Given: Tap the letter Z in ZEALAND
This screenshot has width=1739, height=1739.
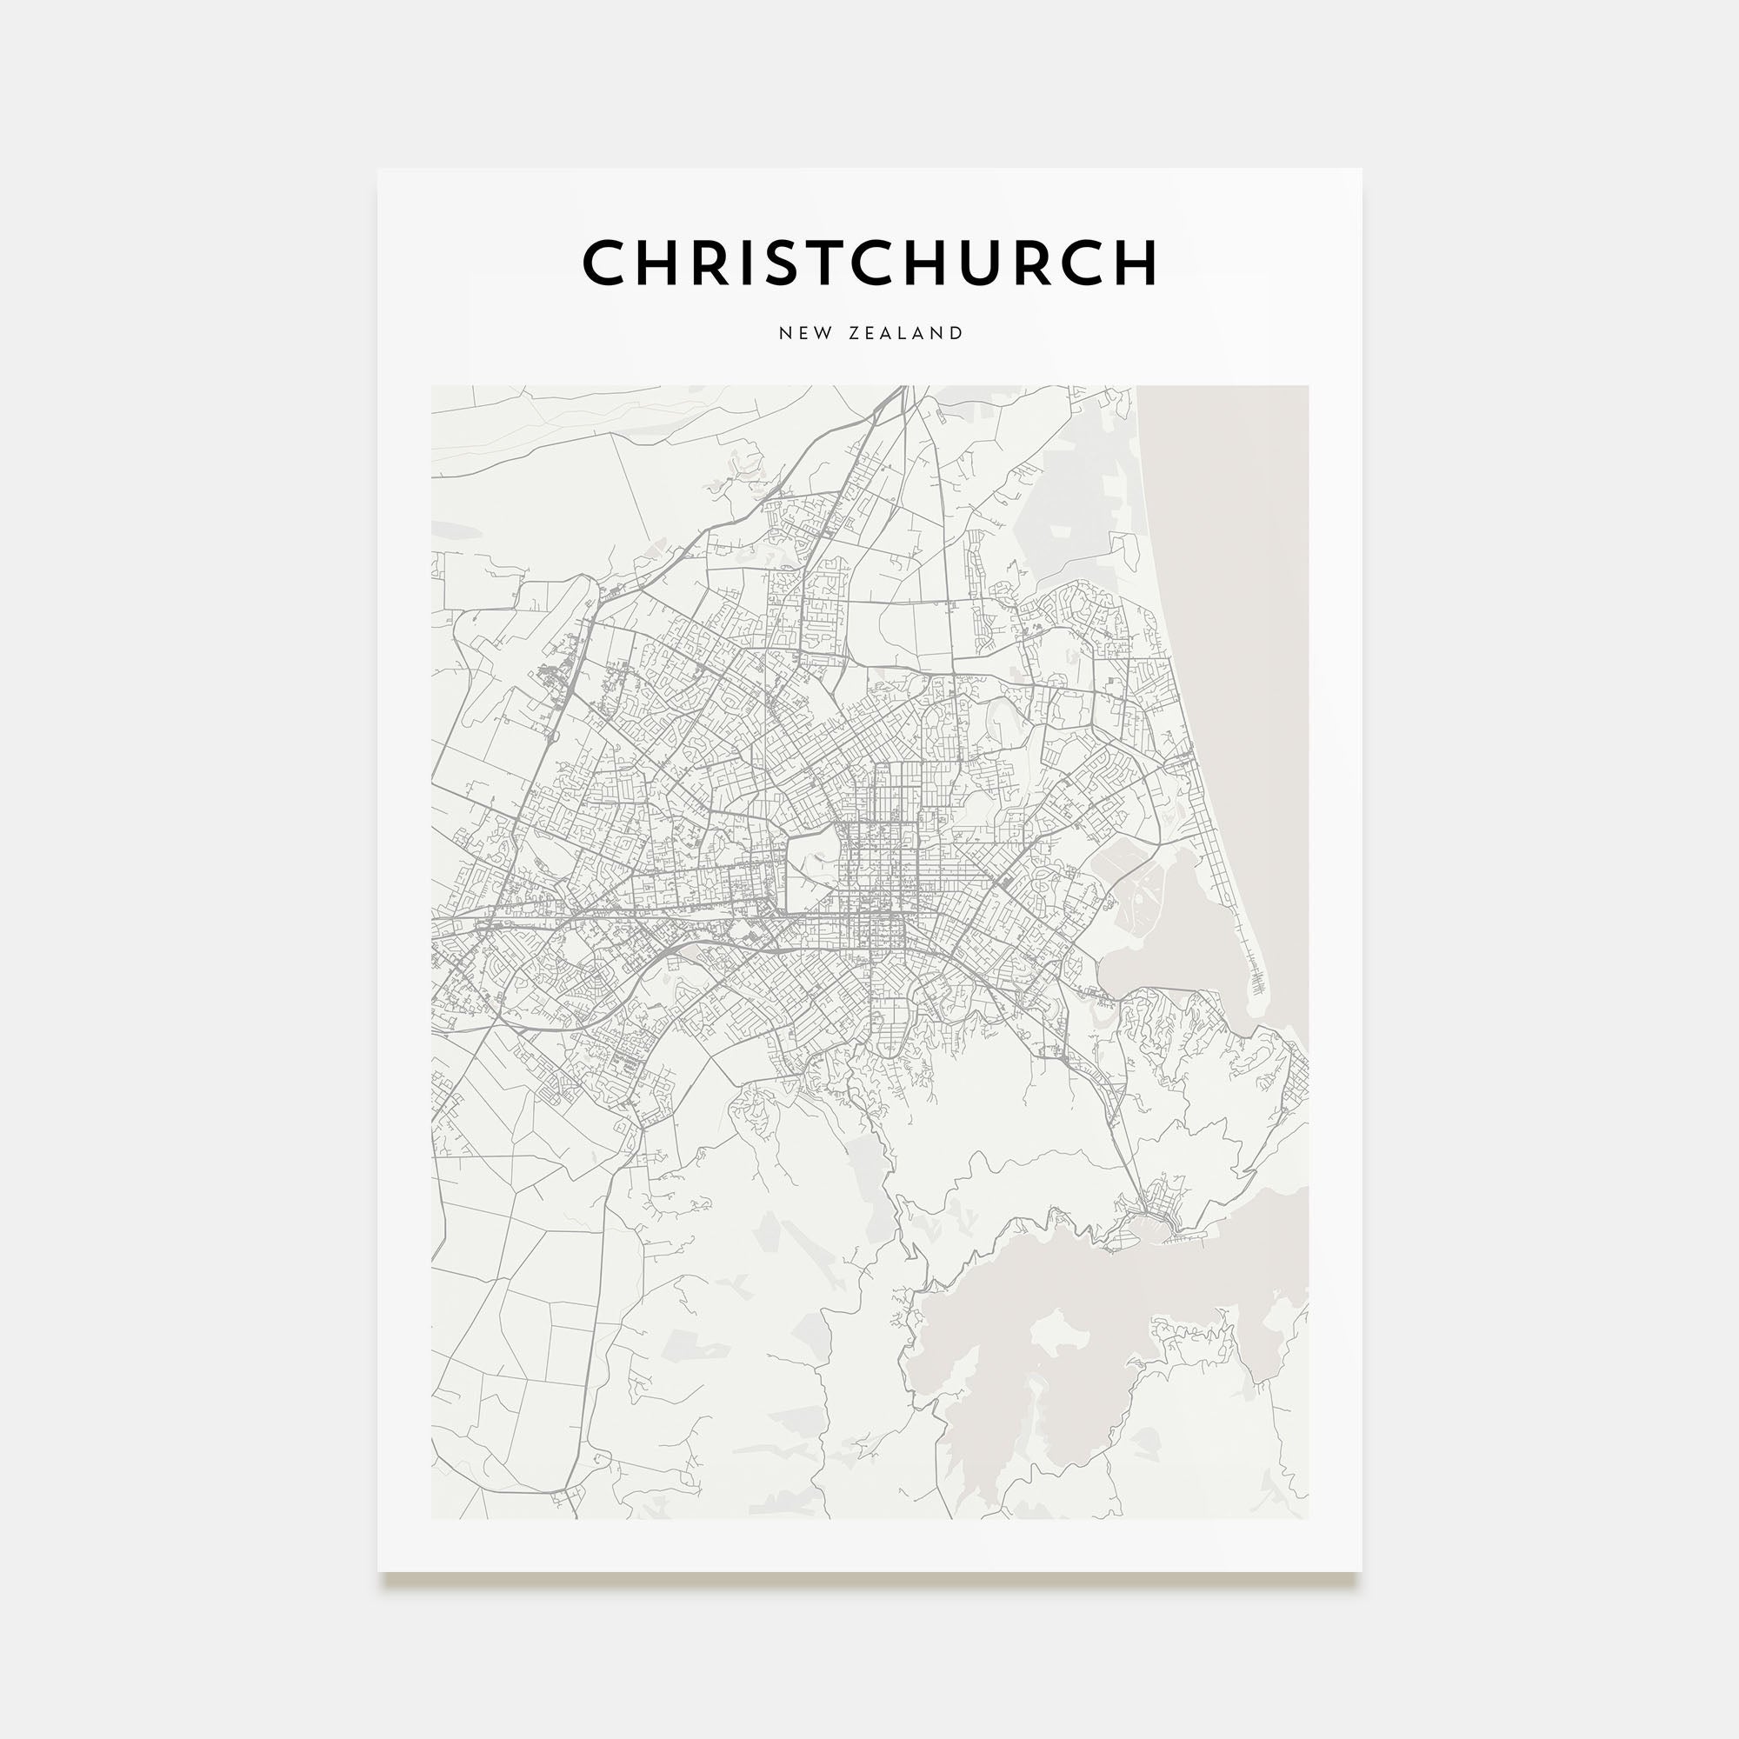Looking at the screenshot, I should [853, 333].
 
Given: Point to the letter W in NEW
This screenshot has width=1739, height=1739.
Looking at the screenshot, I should [822, 333].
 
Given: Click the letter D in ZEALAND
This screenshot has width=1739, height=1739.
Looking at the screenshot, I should [956, 333].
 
